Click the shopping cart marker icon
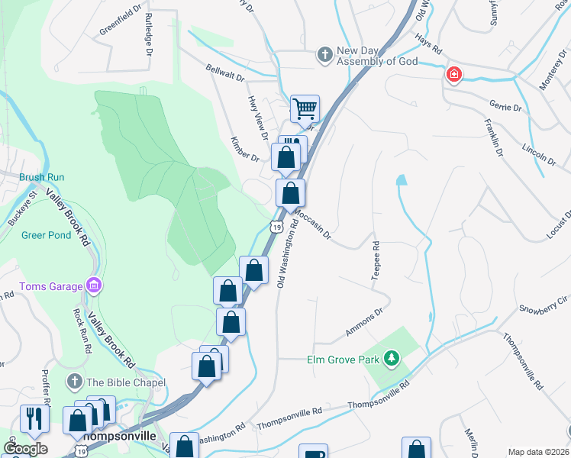point(305,108)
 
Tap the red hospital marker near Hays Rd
point(453,74)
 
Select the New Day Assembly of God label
point(377,56)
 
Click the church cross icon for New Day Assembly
point(324,55)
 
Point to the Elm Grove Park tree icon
point(391,358)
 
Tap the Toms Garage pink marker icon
point(93,286)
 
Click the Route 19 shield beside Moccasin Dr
point(276,227)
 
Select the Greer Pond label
point(46,235)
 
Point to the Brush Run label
point(42,177)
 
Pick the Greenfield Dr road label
point(121,23)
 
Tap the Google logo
point(25,449)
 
